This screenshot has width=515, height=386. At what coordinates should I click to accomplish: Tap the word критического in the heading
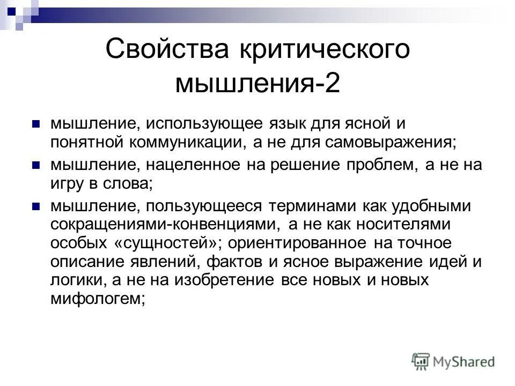click(317, 50)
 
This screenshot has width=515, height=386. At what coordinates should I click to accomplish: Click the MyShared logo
click(454, 361)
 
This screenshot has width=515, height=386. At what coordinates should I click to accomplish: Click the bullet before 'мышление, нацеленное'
click(36, 164)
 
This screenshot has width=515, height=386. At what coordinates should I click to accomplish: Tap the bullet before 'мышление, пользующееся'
click(36, 205)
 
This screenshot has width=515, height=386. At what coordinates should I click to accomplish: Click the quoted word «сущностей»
click(168, 243)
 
